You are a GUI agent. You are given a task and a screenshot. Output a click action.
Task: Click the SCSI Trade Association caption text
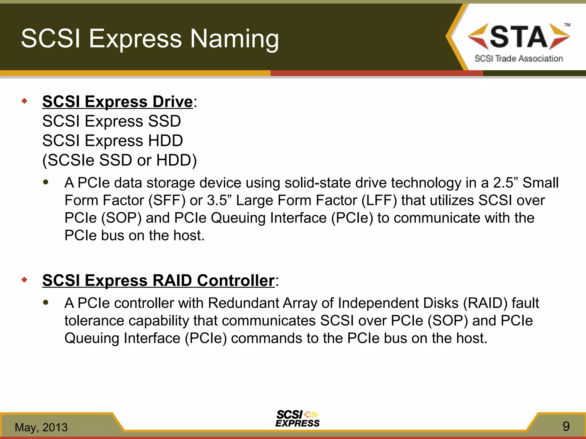[x=518, y=59]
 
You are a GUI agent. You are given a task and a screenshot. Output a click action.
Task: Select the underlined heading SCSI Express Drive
[x=118, y=102]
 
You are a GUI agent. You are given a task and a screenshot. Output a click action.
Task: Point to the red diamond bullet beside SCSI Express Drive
[x=25, y=101]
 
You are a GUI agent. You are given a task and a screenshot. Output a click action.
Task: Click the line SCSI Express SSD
[x=112, y=121]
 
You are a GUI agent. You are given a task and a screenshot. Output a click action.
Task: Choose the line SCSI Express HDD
[x=112, y=141]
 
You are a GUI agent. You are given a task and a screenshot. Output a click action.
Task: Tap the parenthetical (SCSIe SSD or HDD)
[x=120, y=160]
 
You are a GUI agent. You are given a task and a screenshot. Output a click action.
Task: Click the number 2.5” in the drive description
[x=505, y=183]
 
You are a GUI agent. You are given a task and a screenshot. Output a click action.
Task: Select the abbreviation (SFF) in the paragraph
[x=167, y=200]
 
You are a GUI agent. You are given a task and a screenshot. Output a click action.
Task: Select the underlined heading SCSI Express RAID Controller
[x=159, y=280]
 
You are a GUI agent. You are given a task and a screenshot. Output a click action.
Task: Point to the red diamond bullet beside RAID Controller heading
[x=25, y=280]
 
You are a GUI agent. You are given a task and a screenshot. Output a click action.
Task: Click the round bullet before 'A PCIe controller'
[x=46, y=302]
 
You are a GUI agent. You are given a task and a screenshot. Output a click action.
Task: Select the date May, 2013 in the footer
[x=41, y=427]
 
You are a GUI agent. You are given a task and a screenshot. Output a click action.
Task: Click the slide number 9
[x=566, y=426]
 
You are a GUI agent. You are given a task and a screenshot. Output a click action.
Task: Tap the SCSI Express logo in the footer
[x=298, y=419]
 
